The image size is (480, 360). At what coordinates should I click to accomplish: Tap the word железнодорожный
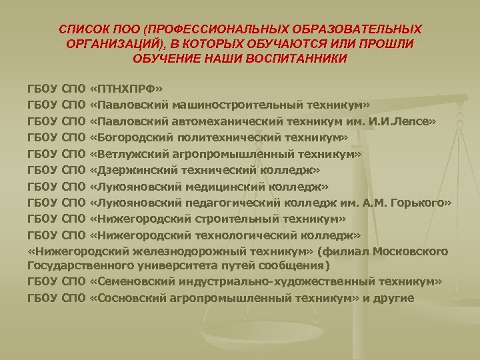200,251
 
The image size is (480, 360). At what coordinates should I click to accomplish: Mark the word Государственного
72,266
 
